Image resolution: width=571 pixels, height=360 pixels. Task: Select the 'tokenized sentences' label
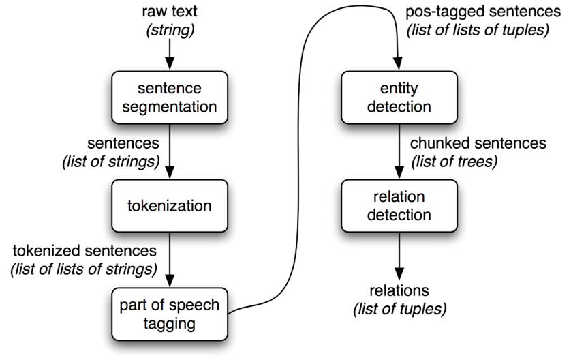(84, 251)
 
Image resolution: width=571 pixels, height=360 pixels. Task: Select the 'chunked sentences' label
(478, 144)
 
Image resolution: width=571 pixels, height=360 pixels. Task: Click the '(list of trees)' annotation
(454, 161)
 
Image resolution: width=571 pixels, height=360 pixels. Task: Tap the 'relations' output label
(399, 290)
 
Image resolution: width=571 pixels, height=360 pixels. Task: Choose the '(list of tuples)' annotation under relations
(399, 309)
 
